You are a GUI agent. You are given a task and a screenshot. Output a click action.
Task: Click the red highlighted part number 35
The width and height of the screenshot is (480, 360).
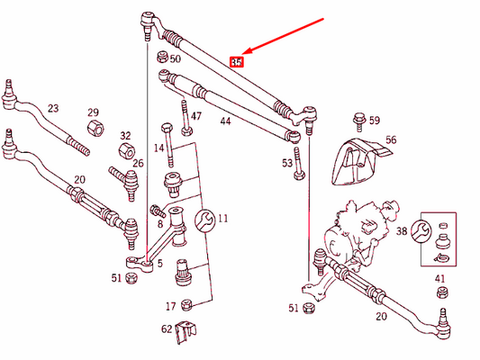237,62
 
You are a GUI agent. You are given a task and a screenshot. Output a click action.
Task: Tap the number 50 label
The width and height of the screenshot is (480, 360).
175,58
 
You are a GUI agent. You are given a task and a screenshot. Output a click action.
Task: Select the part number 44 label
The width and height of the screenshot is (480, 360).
224,120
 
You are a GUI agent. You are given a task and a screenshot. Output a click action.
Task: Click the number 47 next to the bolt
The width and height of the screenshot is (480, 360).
196,117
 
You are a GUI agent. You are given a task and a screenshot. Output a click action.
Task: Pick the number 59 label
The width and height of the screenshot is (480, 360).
375,120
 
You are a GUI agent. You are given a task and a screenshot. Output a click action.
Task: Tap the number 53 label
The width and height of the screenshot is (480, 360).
287,163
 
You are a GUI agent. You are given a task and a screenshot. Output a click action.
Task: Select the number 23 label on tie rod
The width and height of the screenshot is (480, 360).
53,109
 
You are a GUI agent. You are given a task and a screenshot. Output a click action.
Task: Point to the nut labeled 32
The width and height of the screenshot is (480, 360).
125,149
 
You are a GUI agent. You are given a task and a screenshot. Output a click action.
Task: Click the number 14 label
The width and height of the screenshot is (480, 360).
158,148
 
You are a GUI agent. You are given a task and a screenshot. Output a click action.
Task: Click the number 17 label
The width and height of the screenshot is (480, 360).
171,305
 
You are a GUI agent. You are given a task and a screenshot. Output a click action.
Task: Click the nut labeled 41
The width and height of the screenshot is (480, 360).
440,296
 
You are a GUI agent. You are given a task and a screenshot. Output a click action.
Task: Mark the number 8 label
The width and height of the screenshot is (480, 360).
160,224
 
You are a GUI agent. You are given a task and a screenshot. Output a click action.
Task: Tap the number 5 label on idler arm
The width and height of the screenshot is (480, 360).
160,263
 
